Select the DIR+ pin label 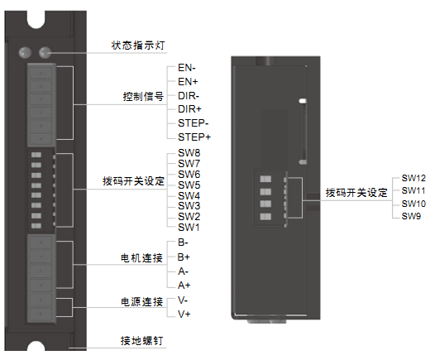[191, 108]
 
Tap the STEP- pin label [193, 122]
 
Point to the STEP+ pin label [194, 136]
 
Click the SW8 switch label [189, 154]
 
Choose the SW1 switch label [189, 227]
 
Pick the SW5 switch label [189, 185]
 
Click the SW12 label [413, 178]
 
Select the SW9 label [411, 216]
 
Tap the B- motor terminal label [184, 242]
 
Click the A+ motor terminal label [184, 285]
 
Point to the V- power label [184, 300]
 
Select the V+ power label [184, 314]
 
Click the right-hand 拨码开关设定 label [356, 192]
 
